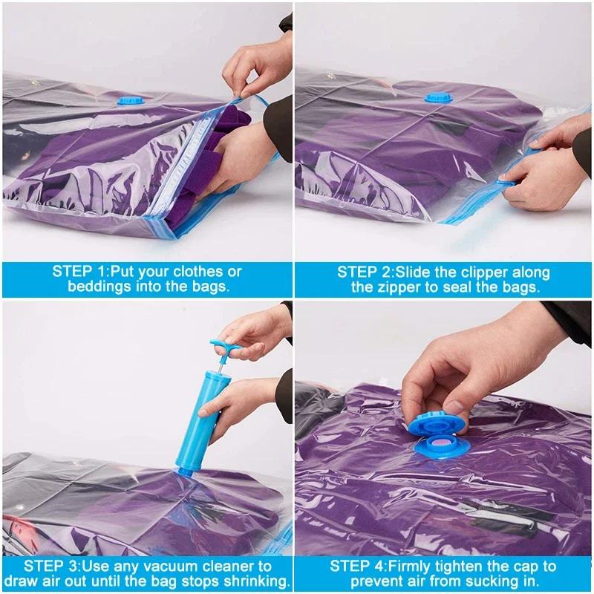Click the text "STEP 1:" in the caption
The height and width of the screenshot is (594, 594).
tap(77, 271)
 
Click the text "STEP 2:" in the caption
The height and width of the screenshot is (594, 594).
tap(363, 271)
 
